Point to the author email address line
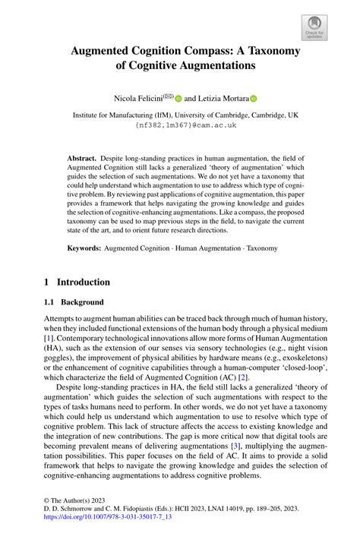pos(179,125)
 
